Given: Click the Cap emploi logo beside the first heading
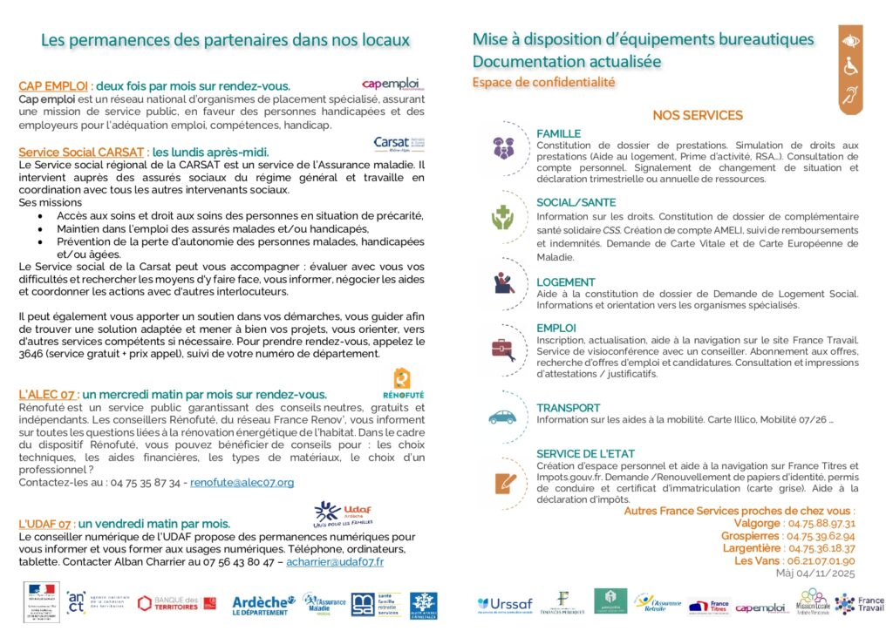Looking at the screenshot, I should point(391,84).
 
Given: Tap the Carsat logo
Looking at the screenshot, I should point(399,144).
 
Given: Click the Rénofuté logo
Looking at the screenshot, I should point(402,383).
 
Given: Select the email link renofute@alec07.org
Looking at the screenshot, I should point(242,482).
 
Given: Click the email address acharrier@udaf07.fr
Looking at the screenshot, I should point(335,562).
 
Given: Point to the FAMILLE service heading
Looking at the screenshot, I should point(558,133).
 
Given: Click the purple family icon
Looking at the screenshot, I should point(503,147).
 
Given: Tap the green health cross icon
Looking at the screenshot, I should point(502,216).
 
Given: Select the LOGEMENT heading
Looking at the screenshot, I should point(566,282).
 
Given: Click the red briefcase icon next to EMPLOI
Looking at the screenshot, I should point(503,349).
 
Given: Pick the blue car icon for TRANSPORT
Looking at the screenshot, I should point(502,417).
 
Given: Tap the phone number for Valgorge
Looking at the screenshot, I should point(821,524).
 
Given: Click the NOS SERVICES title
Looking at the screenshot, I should point(698,115).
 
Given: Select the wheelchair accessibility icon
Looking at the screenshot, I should point(850,68).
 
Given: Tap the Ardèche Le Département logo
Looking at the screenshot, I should point(263,604).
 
